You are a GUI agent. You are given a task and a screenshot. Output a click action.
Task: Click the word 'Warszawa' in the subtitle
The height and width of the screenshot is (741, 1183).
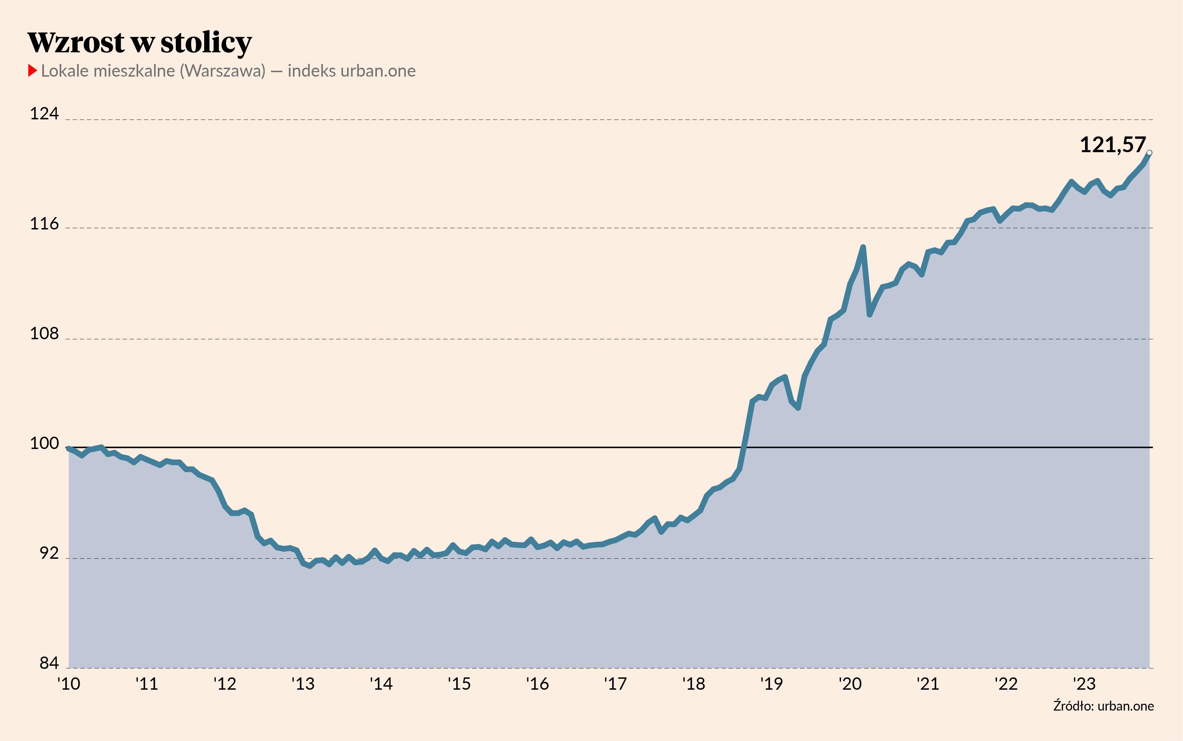click(223, 71)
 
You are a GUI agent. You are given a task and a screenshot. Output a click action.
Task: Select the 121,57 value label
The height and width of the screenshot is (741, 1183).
click(1113, 145)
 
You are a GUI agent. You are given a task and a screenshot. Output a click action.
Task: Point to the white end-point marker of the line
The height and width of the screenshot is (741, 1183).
click(1149, 153)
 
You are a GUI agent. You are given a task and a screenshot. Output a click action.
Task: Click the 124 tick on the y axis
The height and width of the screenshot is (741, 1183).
click(44, 114)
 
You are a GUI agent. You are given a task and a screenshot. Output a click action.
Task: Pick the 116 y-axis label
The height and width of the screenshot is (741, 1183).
click(44, 224)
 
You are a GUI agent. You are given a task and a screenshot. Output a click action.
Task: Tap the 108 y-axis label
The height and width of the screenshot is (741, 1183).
click(44, 334)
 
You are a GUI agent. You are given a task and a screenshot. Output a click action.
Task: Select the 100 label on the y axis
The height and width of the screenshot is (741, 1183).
click(44, 444)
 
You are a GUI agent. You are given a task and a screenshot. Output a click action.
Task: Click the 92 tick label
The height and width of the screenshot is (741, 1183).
click(49, 553)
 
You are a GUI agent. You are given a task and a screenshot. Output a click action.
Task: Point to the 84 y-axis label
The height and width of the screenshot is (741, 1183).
click(49, 663)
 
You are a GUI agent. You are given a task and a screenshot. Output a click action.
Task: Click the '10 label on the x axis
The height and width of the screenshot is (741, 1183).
click(69, 684)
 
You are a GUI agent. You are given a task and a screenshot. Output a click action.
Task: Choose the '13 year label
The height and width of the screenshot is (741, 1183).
click(303, 684)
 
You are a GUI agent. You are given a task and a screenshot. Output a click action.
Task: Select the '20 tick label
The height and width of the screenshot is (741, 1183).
click(850, 684)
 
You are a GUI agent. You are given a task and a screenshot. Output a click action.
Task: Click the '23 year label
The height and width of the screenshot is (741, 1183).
click(1084, 684)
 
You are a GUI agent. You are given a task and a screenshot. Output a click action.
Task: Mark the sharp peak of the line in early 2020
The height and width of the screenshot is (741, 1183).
click(863, 247)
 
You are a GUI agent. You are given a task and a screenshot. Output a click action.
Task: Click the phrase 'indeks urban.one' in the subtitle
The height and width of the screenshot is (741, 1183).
click(351, 71)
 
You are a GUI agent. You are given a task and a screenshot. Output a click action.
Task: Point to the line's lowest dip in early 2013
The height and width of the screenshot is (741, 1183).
click(310, 566)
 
